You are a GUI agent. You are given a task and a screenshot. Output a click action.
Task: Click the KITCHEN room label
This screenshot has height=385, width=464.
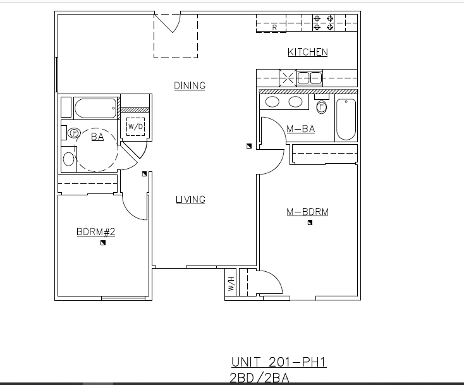click(x=308, y=52)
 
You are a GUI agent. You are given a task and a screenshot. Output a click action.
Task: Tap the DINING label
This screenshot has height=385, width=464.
click(x=190, y=86)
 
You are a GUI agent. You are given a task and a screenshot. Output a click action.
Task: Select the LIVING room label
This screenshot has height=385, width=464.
click(x=190, y=200)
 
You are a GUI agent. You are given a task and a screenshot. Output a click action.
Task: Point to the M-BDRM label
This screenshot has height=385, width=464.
click(x=307, y=212)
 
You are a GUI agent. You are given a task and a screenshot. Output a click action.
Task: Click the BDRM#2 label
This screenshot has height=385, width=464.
click(x=95, y=232)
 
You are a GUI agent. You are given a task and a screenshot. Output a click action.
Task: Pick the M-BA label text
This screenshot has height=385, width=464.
click(x=300, y=129)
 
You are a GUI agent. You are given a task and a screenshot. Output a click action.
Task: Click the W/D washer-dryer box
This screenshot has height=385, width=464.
click(x=136, y=126)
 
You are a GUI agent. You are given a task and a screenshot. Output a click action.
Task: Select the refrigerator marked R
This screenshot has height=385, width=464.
click(x=275, y=27)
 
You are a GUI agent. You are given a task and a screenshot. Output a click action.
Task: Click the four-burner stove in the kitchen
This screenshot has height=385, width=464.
click(x=323, y=23)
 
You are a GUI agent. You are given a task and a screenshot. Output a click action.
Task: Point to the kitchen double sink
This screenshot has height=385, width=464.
click(x=309, y=78)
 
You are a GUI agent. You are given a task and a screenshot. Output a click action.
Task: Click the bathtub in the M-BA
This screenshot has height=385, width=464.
click(x=346, y=119)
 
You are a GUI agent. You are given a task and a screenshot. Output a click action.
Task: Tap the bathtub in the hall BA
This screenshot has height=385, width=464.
click(x=96, y=108)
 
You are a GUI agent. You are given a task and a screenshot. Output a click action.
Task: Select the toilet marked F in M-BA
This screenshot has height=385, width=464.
click(x=322, y=107)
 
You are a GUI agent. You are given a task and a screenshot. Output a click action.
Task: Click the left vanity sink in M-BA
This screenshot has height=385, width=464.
click(x=273, y=102)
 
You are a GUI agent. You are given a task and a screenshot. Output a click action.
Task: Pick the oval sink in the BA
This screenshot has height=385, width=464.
click(x=68, y=157)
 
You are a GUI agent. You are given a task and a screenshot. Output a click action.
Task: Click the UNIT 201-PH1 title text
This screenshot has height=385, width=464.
click(x=278, y=362)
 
